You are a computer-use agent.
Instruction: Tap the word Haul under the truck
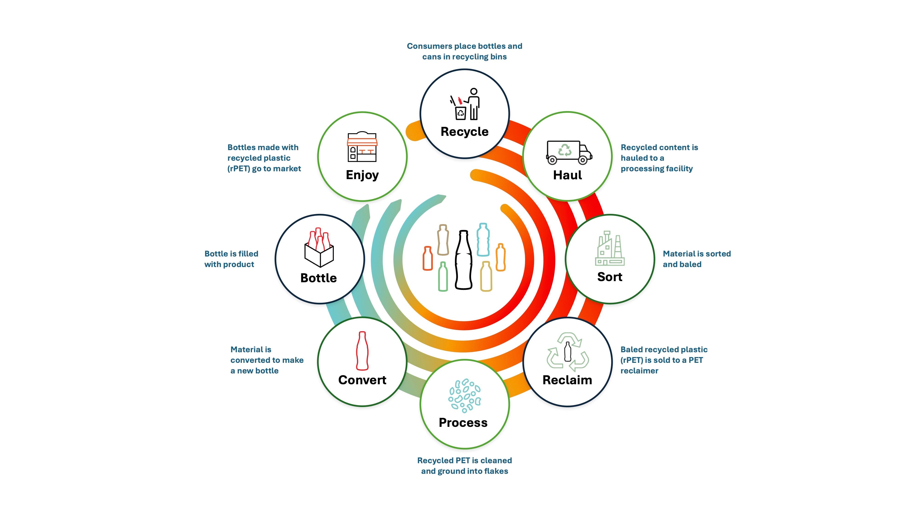pos(567,175)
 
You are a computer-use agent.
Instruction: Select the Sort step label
pos(610,277)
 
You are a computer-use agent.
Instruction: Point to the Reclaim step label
pos(567,380)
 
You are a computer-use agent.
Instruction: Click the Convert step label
pos(362,380)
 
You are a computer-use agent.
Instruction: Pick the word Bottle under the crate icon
pos(319,278)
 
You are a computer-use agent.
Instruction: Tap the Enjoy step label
pos(362,175)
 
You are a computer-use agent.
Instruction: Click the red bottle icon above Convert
pos(362,351)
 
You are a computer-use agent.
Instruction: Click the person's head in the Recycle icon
pos(474,92)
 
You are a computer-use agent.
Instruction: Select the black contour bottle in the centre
pos(464,259)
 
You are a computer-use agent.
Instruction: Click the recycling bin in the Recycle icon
pos(460,113)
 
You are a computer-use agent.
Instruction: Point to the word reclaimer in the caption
pos(639,371)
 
